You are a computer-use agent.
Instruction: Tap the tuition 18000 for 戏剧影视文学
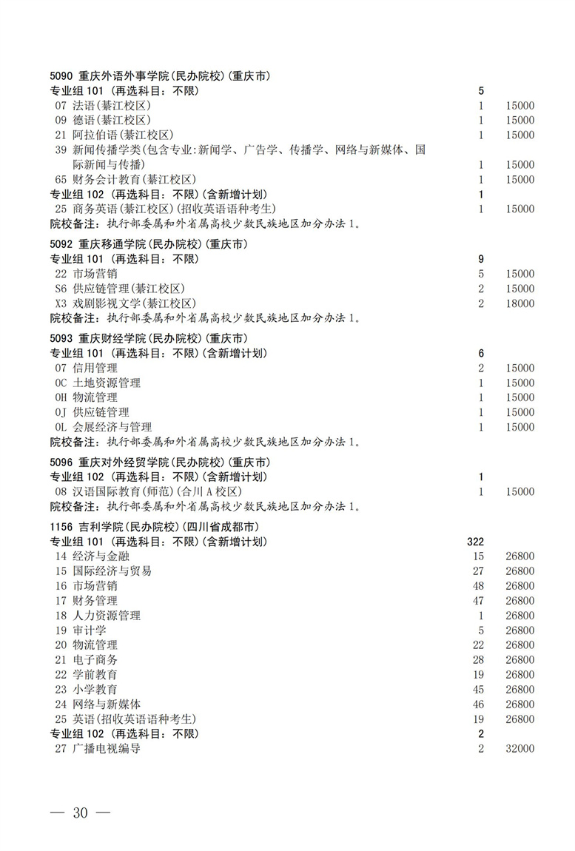pyautogui.click(x=520, y=303)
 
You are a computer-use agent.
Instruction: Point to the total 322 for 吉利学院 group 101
pyautogui.click(x=475, y=542)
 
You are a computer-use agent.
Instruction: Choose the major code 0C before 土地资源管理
pyautogui.click(x=61, y=383)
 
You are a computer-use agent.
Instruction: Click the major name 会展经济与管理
pyautogui.click(x=112, y=427)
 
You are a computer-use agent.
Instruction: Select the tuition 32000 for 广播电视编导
pyautogui.click(x=520, y=749)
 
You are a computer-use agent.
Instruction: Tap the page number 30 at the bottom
pyautogui.click(x=80, y=813)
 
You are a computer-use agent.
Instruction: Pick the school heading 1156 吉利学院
pyautogui.click(x=153, y=527)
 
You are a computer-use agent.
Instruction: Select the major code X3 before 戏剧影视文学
pyautogui.click(x=61, y=303)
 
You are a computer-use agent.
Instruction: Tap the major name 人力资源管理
pyautogui.click(x=107, y=616)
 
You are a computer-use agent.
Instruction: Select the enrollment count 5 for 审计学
pyautogui.click(x=480, y=630)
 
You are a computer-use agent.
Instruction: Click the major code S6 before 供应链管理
pyautogui.click(x=61, y=289)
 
